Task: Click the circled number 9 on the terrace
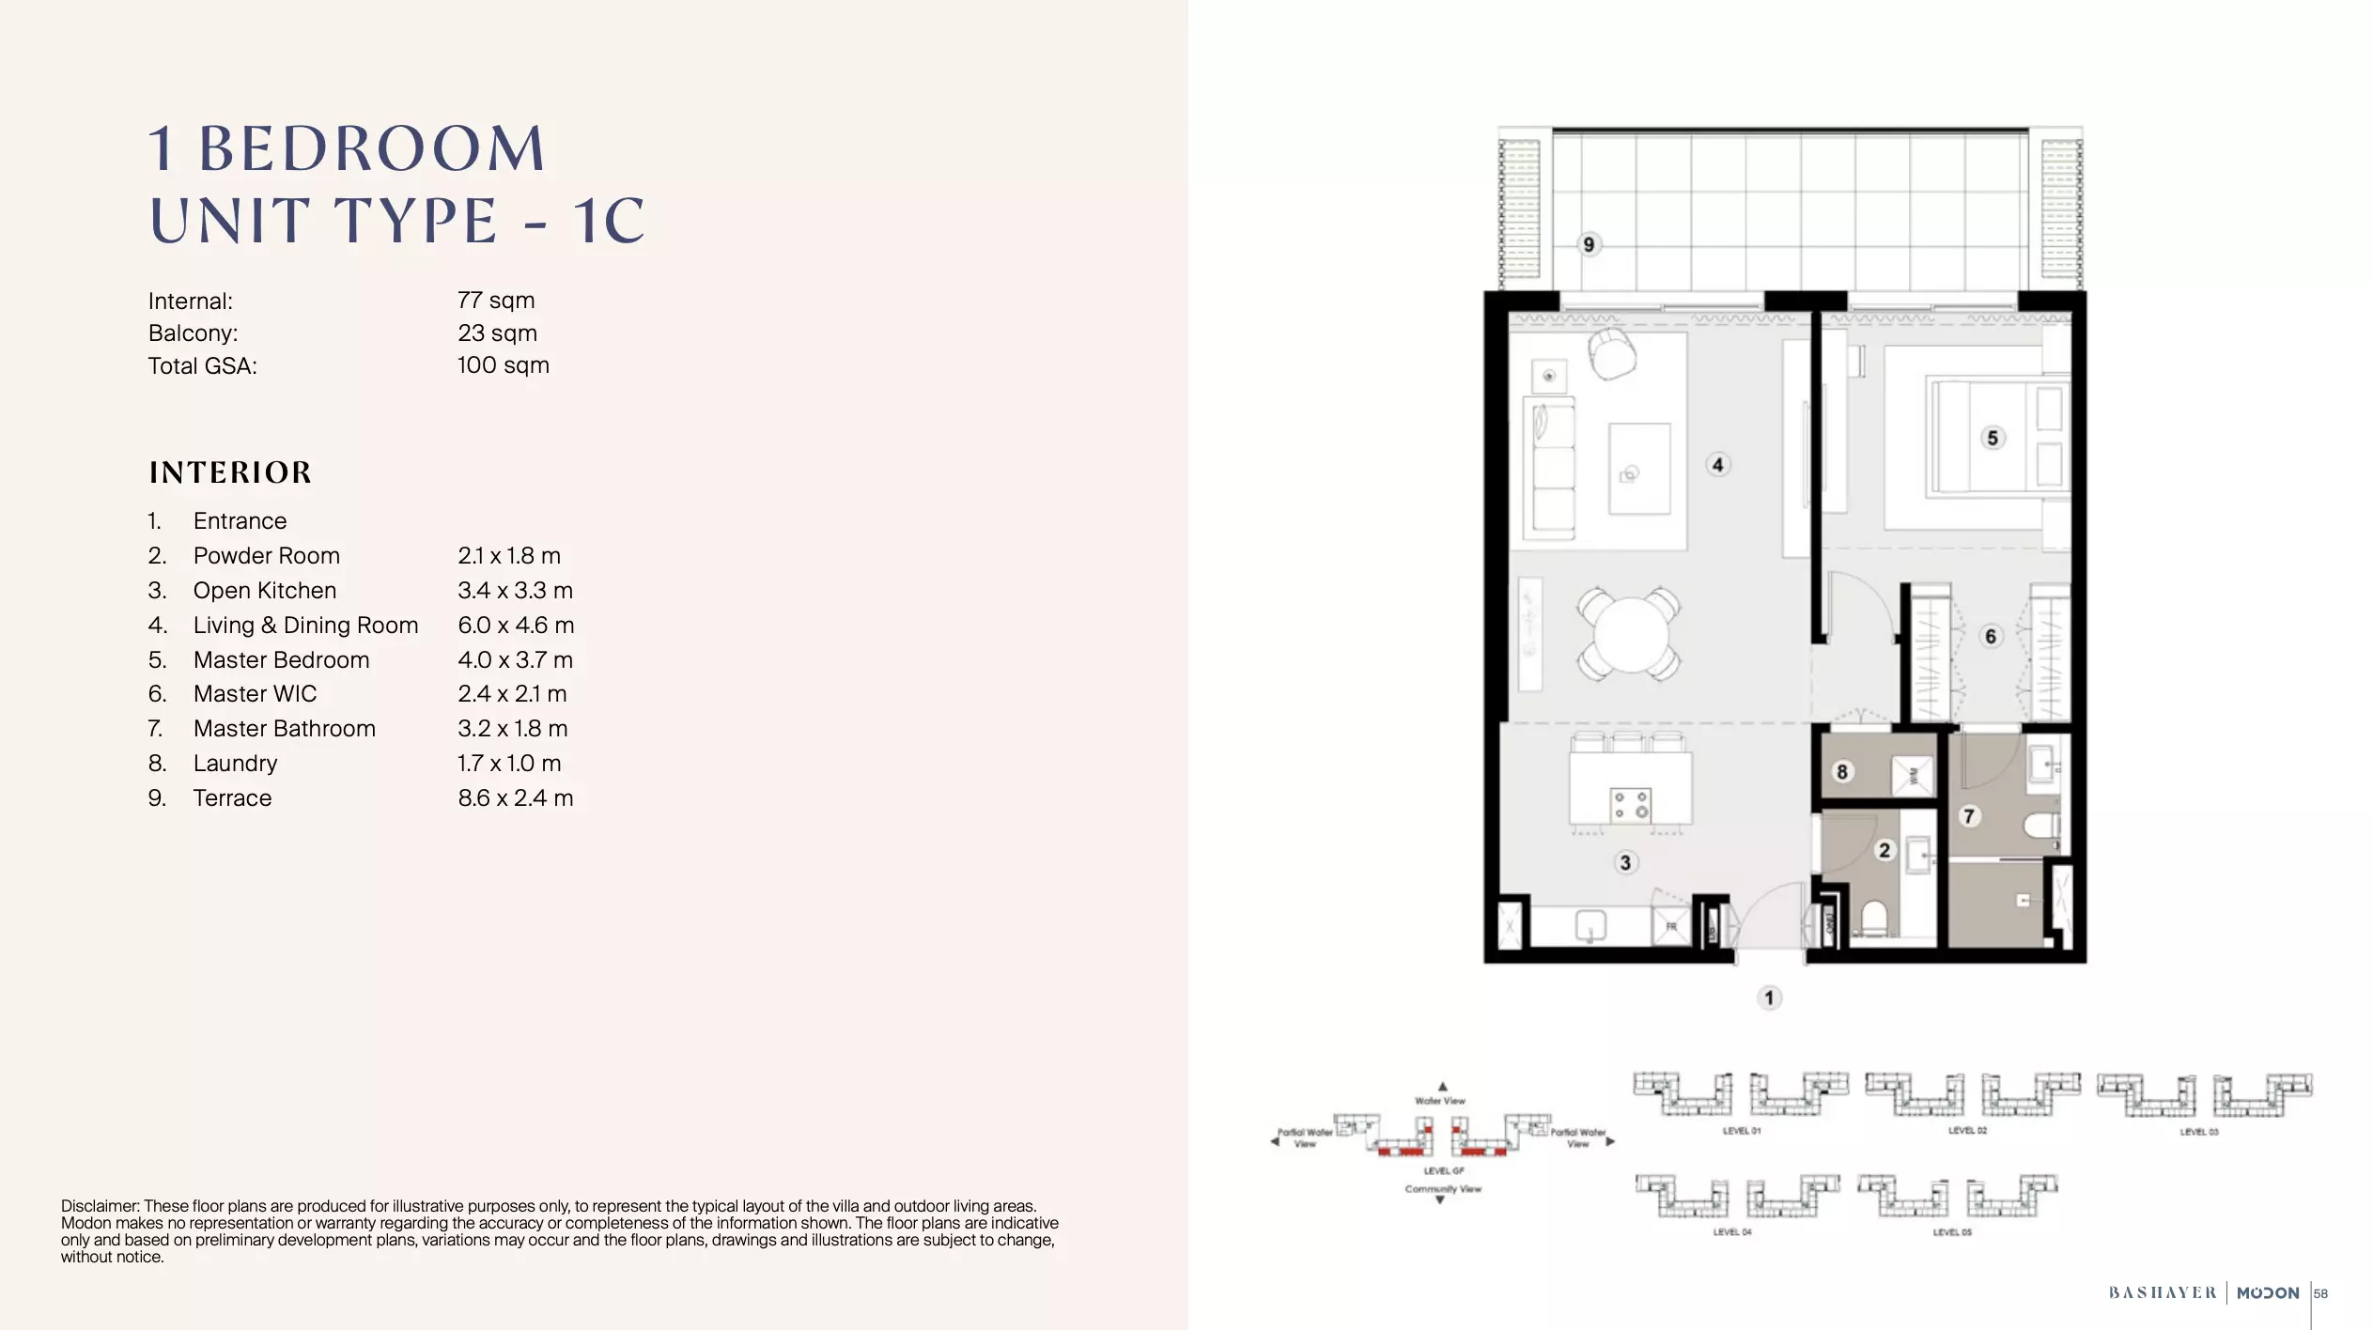pos(1589,244)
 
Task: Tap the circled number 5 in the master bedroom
pos(1993,438)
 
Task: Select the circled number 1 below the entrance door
pos(1769,997)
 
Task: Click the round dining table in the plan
pos(1630,634)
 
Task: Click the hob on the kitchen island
pos(1630,805)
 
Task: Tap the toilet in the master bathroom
pos(2041,827)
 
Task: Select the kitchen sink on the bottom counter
pos(1590,925)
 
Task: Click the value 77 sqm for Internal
pos(496,301)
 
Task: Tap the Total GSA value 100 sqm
pos(503,365)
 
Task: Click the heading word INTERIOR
pos(230,472)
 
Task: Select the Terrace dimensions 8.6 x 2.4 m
pos(515,797)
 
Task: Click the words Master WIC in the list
pos(255,694)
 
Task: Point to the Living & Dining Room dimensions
pos(516,625)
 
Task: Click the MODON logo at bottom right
pos(2268,1293)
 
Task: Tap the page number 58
pos(2320,1293)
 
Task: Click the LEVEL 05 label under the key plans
pos(1951,1232)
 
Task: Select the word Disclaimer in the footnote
pos(100,1206)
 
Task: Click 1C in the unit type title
pos(609,222)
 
